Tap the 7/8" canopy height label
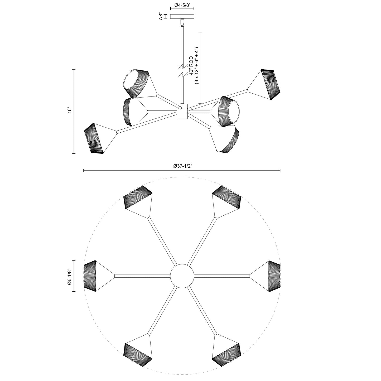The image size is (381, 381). click(160, 16)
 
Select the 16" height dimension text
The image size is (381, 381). click(69, 111)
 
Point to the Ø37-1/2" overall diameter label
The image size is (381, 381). click(182, 166)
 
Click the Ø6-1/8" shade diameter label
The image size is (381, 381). click(69, 276)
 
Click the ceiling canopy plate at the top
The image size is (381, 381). click(182, 16)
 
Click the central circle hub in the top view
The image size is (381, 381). click(182, 276)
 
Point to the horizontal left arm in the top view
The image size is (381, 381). click(142, 276)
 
